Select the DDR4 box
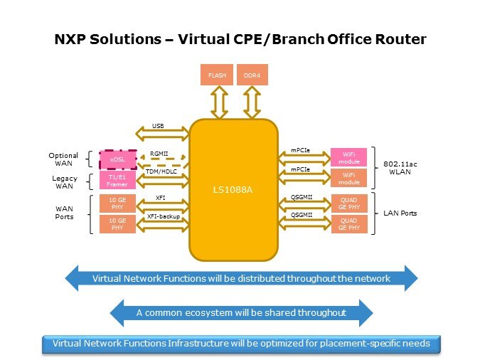point(250,75)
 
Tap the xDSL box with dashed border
point(117,159)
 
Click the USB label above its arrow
point(158,125)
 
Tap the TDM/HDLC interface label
point(161,172)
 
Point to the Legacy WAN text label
point(63,181)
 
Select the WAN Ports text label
point(65,213)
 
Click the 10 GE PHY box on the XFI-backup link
point(117,224)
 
